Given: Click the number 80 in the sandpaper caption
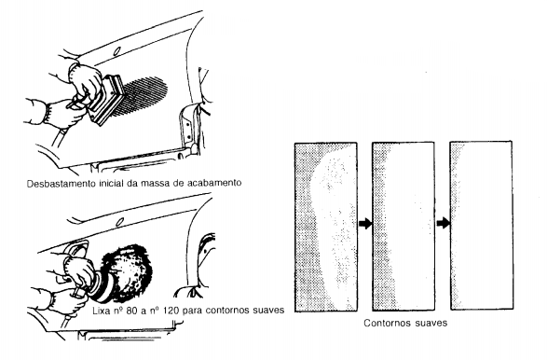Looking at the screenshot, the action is (131, 310).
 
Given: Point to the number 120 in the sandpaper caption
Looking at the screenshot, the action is (172, 310).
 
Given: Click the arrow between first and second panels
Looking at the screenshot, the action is (365, 223).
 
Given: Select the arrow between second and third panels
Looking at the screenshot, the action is (443, 223).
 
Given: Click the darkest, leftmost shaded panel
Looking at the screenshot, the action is (326, 227).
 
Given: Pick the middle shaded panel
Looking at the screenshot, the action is (403, 227).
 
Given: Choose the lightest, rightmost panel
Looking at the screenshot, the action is (482, 226).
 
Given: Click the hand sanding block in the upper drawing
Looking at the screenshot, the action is (107, 100).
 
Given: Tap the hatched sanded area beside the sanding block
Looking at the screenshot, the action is (140, 96).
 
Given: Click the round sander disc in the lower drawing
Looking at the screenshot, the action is (99, 286).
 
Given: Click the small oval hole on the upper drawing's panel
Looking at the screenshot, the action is (116, 51).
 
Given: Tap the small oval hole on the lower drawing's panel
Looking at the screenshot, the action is (119, 222).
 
